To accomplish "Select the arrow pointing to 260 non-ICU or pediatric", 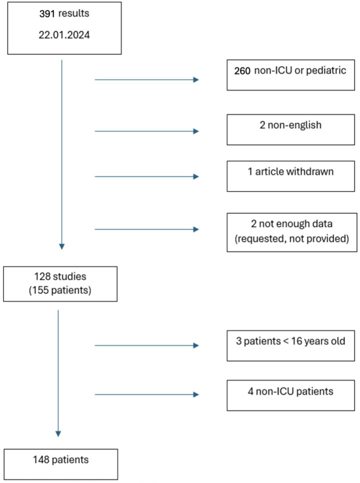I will [146, 79].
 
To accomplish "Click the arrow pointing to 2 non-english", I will [146, 131].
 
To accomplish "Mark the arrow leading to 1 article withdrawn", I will [146, 176].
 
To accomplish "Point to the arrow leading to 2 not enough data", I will [146, 229].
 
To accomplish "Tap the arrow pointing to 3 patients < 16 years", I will [146, 345].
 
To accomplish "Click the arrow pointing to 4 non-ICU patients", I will [146, 395].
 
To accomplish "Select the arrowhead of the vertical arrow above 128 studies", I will [61, 246].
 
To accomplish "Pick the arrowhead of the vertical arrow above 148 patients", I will [58, 433].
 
